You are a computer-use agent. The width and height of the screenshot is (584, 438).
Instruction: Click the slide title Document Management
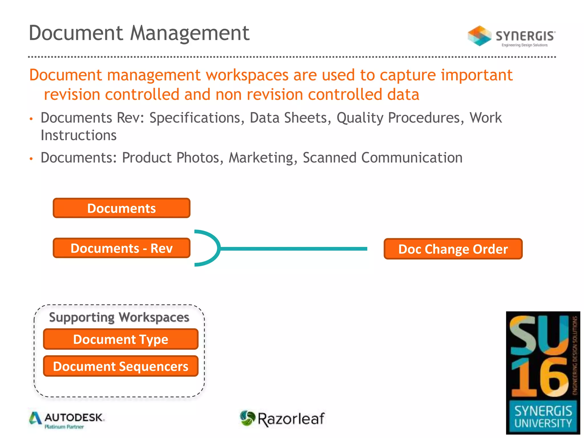pos(139,33)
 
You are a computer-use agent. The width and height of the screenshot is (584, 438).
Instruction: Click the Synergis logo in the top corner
pos(511,36)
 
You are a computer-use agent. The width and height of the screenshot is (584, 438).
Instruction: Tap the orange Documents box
pos(121,208)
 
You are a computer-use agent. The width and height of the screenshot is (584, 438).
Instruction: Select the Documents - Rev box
pos(121,248)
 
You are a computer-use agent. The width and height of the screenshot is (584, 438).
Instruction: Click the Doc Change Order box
pos(453,249)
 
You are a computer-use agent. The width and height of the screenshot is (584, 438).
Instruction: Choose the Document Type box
pos(121,339)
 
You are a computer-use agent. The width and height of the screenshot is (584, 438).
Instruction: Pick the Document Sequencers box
pos(121,366)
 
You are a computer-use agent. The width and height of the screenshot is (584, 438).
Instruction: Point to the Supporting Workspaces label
pos(119,317)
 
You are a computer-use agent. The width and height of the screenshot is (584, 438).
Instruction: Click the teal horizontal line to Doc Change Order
pos(294,249)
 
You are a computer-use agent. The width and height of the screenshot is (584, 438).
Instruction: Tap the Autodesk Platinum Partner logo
pos(67,420)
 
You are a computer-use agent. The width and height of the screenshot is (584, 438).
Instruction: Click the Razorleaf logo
pos(282,419)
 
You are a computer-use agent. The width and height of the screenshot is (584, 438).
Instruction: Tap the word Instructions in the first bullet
pos(79,135)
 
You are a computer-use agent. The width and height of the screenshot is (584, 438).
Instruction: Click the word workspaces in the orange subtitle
pos(248,75)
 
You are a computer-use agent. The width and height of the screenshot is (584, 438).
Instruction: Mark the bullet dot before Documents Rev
pos(31,119)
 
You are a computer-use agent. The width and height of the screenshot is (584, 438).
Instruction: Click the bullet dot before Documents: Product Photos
pos(31,159)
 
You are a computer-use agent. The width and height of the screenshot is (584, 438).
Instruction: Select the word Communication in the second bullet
pos(412,158)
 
